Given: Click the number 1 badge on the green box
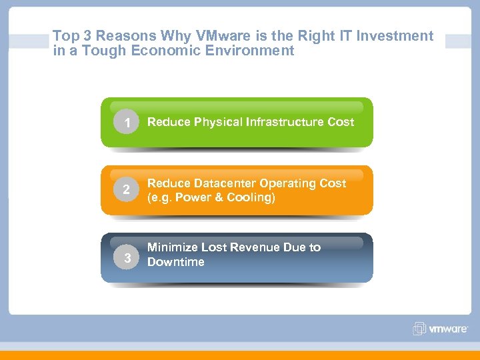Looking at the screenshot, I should [126, 123].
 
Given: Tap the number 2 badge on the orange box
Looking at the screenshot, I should [126, 191].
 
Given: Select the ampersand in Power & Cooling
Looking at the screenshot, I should [217, 198].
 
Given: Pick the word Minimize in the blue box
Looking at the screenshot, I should [172, 247].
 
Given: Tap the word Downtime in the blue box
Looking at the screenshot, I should [175, 262].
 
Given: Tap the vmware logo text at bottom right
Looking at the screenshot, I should [448, 329].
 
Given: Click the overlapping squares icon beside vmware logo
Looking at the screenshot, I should [419, 329].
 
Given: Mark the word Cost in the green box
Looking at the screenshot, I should [341, 122].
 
